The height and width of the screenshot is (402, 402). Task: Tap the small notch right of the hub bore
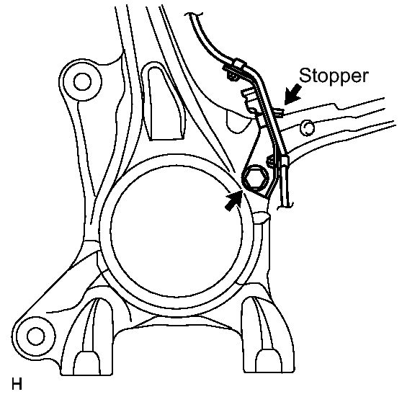264,215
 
